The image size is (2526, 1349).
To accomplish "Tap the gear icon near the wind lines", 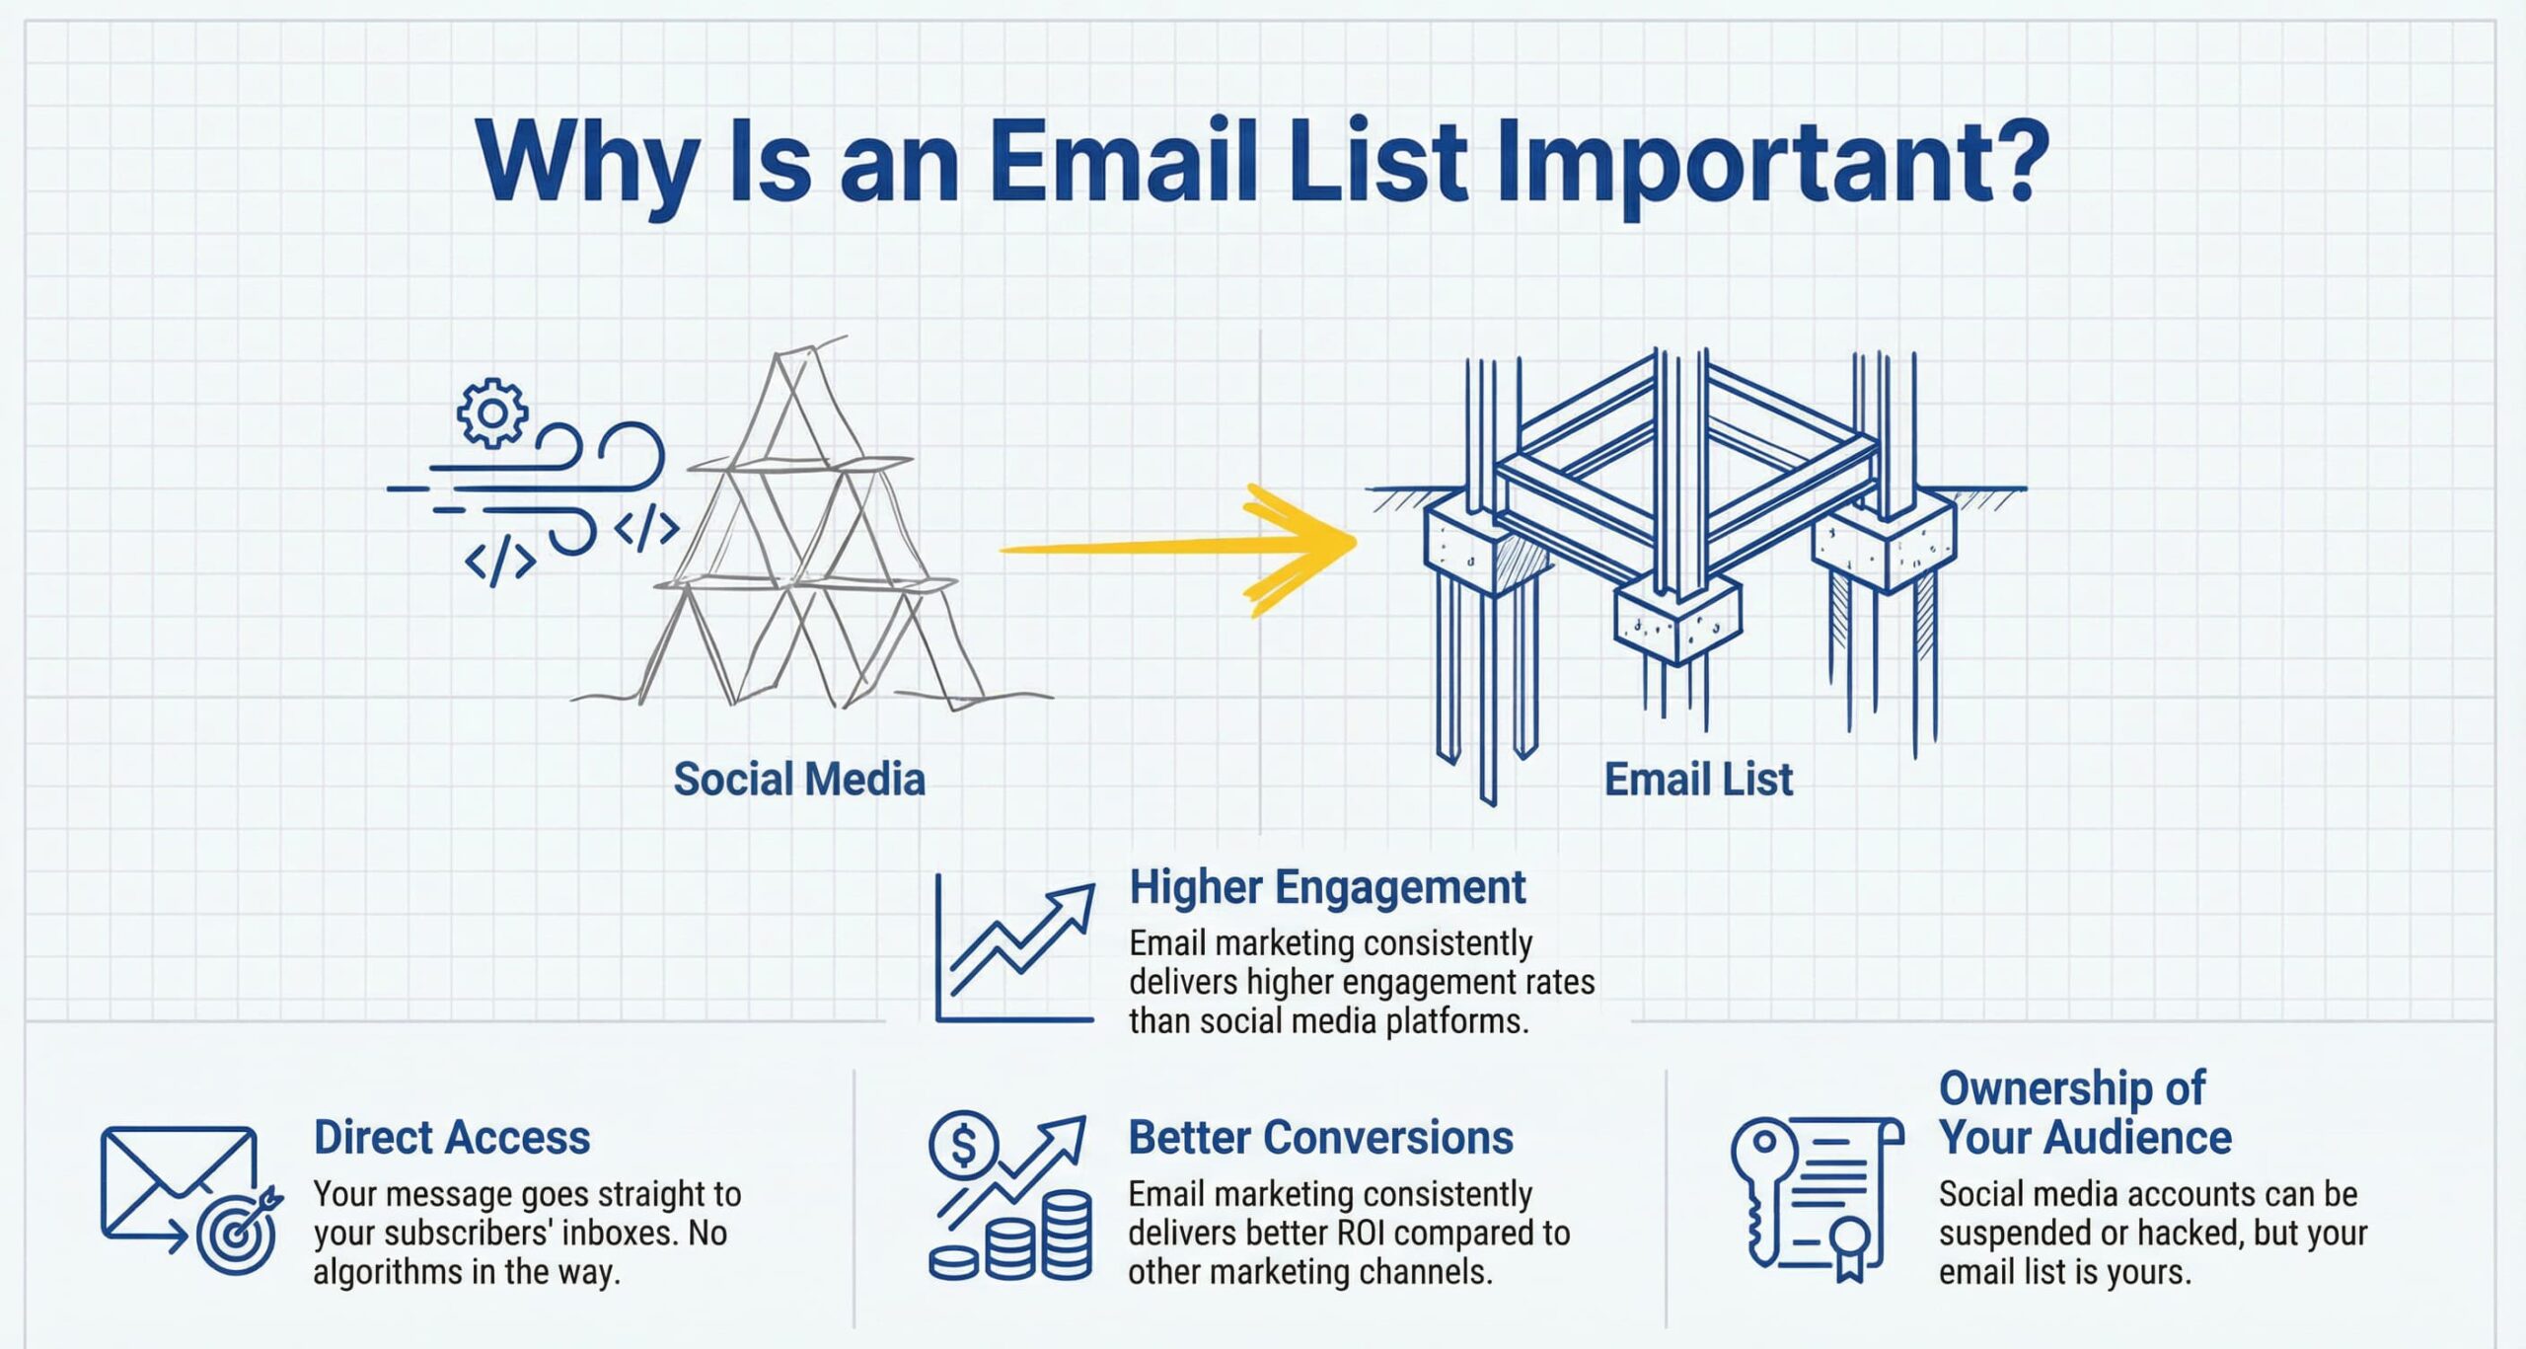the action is pos(491,412).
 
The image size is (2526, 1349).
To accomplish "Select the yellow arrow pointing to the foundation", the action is pos(1179,549).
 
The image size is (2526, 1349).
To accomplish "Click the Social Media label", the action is pos(799,780).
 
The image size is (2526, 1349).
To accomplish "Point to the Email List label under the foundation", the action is pos(1698,780).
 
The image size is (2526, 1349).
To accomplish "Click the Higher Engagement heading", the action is pos(1327,887).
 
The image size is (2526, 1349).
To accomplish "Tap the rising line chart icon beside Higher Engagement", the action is pos(1015,948).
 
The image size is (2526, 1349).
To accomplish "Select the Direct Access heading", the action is pos(452,1138).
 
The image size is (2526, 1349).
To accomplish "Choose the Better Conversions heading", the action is pos(1320,1138).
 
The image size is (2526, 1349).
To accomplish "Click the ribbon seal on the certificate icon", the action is pos(1849,1247).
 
